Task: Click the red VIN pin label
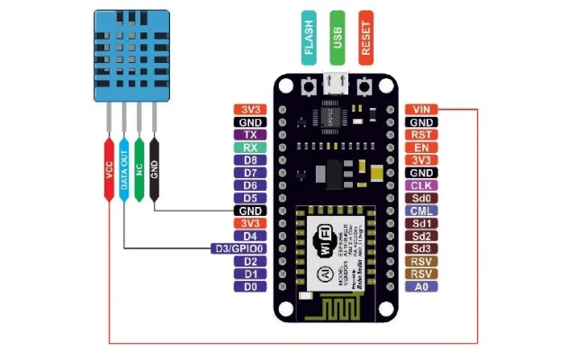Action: point(420,109)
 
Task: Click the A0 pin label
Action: point(420,286)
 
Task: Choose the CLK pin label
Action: point(420,184)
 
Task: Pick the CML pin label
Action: point(420,210)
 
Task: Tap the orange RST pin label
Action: point(420,134)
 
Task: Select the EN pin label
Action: point(420,147)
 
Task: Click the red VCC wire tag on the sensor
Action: point(109,171)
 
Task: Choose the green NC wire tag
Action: point(139,166)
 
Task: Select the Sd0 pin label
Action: point(420,197)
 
